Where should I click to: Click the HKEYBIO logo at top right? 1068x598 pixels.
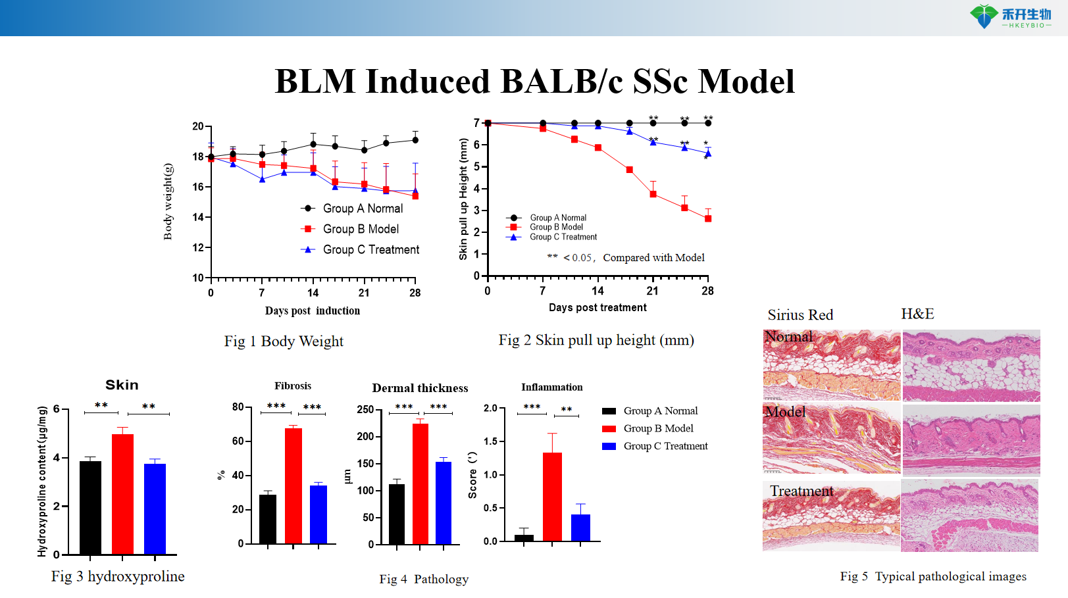pyautogui.click(x=1009, y=16)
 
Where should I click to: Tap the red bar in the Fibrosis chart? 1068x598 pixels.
pyautogui.click(x=293, y=486)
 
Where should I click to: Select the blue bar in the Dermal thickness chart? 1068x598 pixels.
pyautogui.click(x=444, y=503)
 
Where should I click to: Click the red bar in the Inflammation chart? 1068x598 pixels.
pyautogui.click(x=552, y=497)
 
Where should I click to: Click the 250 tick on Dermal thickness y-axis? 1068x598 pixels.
pyautogui.click(x=365, y=409)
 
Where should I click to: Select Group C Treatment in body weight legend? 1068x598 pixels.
pyautogui.click(x=370, y=250)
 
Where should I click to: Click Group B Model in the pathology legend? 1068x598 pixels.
pyautogui.click(x=658, y=428)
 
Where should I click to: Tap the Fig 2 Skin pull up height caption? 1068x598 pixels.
pyautogui.click(x=596, y=340)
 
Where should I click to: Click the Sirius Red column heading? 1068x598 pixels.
pyautogui.click(x=800, y=315)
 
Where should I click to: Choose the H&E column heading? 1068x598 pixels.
pyautogui.click(x=917, y=314)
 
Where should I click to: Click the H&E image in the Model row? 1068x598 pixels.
pyautogui.click(x=971, y=439)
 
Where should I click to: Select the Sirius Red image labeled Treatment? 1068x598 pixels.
pyautogui.click(x=831, y=516)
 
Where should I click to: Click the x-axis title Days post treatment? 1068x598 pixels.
pyautogui.click(x=598, y=307)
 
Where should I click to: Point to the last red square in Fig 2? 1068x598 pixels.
pyautogui.click(x=708, y=218)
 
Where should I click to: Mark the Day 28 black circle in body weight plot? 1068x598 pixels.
pyautogui.click(x=415, y=139)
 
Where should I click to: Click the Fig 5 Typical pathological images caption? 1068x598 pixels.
pyautogui.click(x=933, y=576)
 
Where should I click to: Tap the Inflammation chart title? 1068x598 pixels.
pyautogui.click(x=551, y=387)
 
